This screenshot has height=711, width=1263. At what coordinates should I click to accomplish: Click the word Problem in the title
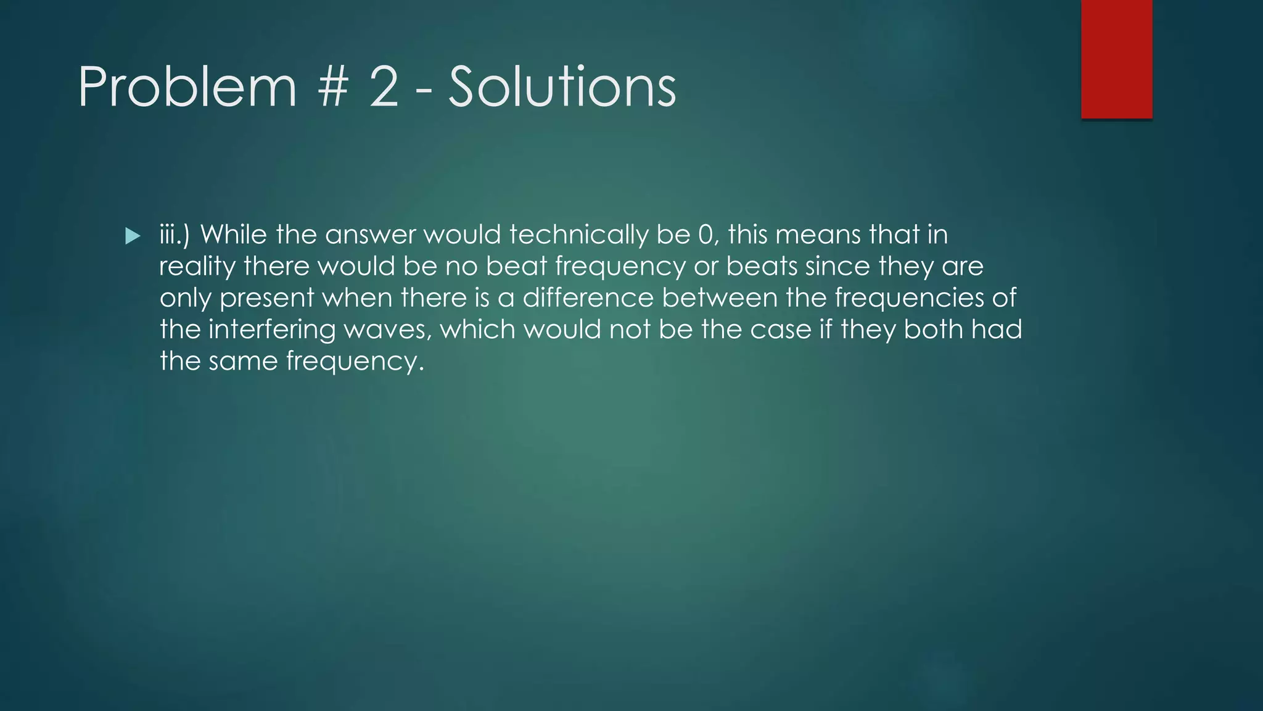(x=187, y=88)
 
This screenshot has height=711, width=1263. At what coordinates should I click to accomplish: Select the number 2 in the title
(x=384, y=88)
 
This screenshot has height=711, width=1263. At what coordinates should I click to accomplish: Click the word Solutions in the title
(x=562, y=88)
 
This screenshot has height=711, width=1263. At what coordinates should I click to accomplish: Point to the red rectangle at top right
(x=1116, y=59)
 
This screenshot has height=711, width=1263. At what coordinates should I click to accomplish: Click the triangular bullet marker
(x=133, y=236)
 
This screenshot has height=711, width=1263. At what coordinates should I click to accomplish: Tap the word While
(x=234, y=235)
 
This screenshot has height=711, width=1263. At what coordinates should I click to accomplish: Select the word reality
(x=197, y=267)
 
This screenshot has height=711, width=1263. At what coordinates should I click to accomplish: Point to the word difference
(x=588, y=298)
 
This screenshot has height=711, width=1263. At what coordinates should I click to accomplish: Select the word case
(x=780, y=330)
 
